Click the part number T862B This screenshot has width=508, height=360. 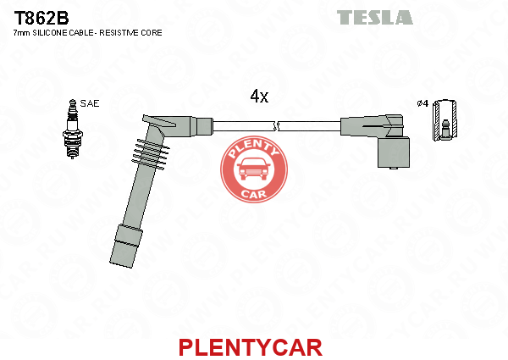click(x=41, y=18)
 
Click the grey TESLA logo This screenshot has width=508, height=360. click(x=375, y=17)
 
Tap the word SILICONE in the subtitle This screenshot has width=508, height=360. click(x=50, y=33)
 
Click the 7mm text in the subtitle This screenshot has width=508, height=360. click(x=21, y=33)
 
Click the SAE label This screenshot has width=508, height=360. click(x=90, y=103)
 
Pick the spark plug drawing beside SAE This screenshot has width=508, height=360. click(x=72, y=129)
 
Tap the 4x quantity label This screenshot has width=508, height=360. click(x=259, y=96)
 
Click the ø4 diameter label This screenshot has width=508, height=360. click(x=422, y=103)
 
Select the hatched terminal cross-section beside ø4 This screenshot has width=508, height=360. click(x=445, y=120)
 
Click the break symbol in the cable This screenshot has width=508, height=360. click(x=276, y=126)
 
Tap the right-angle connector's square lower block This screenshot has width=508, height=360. click(x=394, y=152)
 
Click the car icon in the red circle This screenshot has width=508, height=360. click(x=254, y=169)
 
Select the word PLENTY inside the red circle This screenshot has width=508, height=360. click(x=254, y=147)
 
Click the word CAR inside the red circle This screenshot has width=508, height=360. click(x=254, y=194)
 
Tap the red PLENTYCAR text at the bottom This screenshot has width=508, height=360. click(x=251, y=347)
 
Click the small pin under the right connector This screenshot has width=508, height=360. click(x=393, y=168)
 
